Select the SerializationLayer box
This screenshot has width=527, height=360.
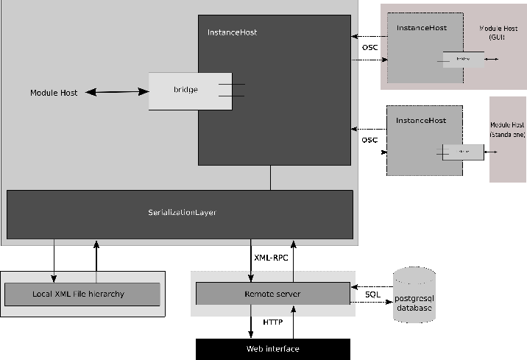(x=180, y=213)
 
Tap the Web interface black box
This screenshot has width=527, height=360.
(x=272, y=348)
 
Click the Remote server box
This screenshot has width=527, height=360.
(x=272, y=294)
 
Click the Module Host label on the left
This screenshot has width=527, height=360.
(x=54, y=93)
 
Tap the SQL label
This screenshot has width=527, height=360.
(x=372, y=294)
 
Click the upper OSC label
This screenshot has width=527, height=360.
(x=369, y=49)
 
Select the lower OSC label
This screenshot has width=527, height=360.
(x=369, y=139)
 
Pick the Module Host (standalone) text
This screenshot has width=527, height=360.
(x=507, y=130)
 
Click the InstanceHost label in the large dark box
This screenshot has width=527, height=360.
(x=232, y=32)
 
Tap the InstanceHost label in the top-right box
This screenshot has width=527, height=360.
(x=421, y=28)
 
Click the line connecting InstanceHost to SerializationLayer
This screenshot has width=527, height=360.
(x=270, y=177)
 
